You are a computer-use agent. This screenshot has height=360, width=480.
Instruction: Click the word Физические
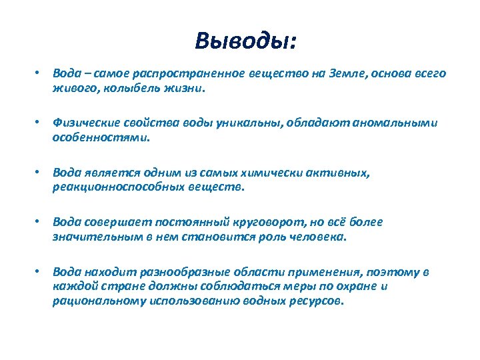[83, 124]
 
